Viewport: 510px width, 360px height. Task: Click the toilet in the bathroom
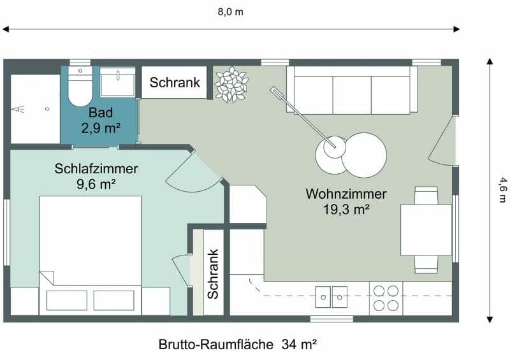point(80,89)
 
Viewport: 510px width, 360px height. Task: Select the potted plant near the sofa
point(231,85)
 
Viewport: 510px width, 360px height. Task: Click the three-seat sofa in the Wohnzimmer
point(352,90)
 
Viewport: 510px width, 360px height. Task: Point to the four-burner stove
point(386,298)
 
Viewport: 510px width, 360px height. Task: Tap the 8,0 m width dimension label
point(230,11)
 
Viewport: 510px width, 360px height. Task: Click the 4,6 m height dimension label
point(501,190)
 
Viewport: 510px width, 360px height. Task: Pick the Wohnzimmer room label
point(346,194)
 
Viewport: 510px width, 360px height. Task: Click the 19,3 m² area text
point(346,208)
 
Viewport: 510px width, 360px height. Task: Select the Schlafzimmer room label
point(96,169)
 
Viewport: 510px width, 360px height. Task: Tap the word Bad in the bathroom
point(101,113)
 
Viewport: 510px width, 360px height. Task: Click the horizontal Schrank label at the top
point(175,83)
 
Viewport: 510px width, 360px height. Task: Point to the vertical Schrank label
point(213,274)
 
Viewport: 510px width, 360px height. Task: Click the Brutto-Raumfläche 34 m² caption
point(238,345)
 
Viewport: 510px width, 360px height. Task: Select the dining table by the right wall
point(426,229)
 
